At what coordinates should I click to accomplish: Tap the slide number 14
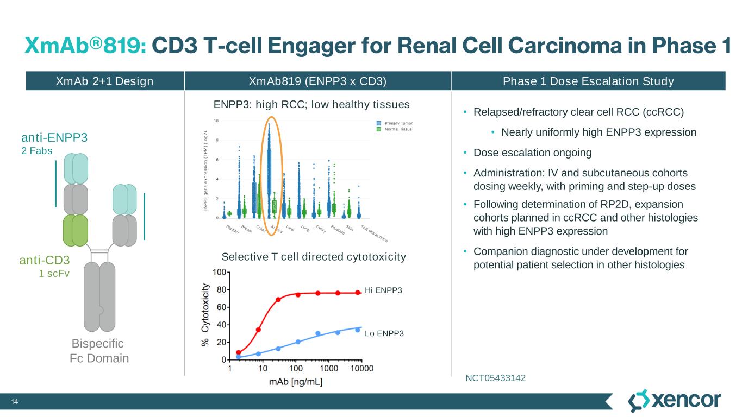pyautogui.click(x=15, y=402)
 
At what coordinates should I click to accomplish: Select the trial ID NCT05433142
pyautogui.click(x=495, y=377)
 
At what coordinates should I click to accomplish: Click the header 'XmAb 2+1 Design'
pyautogui.click(x=105, y=81)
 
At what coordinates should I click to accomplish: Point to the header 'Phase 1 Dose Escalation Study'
pyautogui.click(x=588, y=81)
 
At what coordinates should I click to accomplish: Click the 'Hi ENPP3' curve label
pyautogui.click(x=384, y=290)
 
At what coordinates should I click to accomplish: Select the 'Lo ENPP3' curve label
pyautogui.click(x=384, y=333)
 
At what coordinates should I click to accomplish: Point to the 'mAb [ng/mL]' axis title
pyautogui.click(x=296, y=382)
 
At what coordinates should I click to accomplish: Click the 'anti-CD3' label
pyautogui.click(x=45, y=261)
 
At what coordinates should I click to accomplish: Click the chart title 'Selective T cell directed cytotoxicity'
pyautogui.click(x=314, y=256)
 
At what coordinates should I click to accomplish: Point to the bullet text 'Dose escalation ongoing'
pyautogui.click(x=532, y=153)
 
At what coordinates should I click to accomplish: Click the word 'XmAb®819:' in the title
pyautogui.click(x=85, y=46)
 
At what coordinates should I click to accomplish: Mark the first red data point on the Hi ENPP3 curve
pyautogui.click(x=239, y=352)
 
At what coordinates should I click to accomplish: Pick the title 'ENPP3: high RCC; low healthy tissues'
pyautogui.click(x=311, y=104)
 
